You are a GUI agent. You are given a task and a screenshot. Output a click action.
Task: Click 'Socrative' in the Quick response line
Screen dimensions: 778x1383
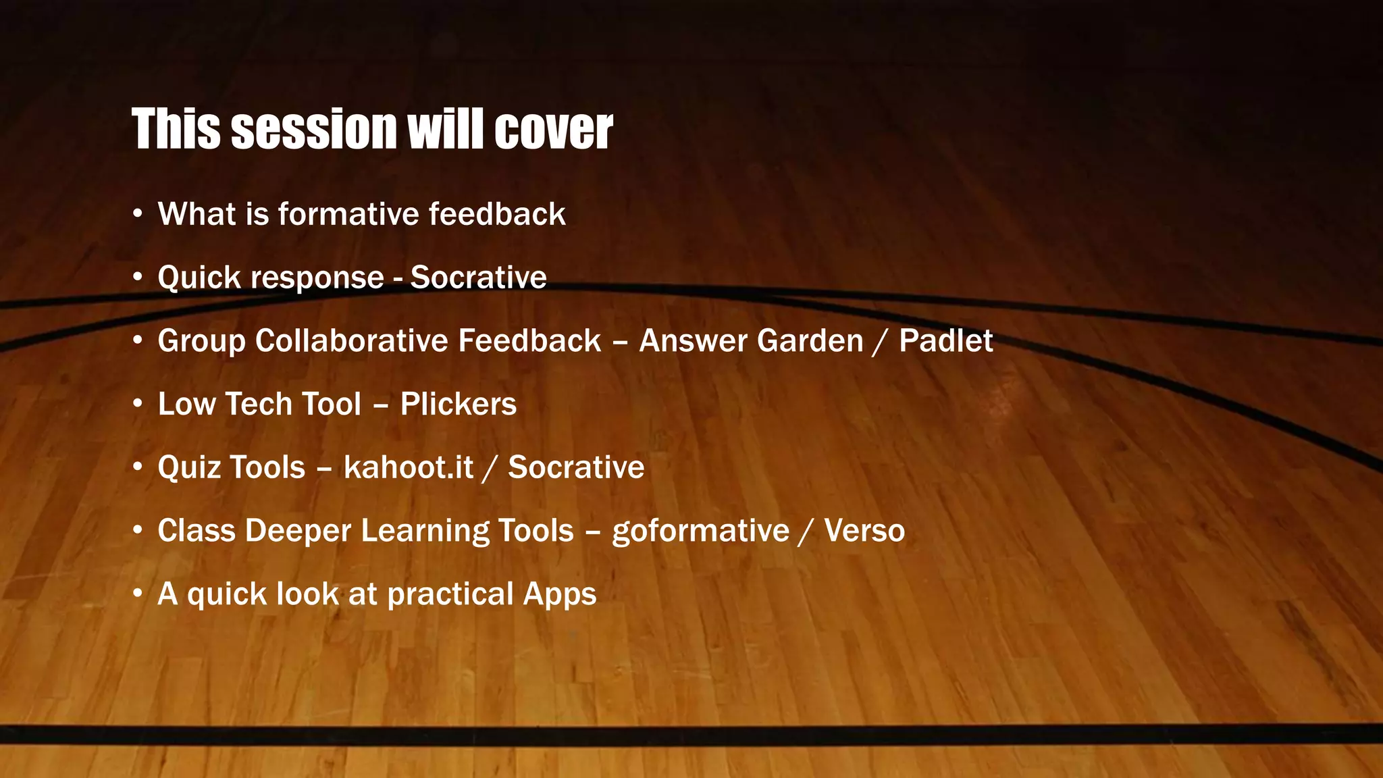pos(478,278)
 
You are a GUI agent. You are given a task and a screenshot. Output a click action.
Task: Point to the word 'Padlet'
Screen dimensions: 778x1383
pos(945,341)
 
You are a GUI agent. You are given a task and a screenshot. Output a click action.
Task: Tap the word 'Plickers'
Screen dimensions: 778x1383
pos(458,405)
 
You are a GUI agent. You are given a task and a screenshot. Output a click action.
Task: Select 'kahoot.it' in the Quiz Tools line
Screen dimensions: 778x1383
pos(408,467)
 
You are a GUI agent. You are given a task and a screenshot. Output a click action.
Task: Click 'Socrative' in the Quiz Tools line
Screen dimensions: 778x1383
pos(576,467)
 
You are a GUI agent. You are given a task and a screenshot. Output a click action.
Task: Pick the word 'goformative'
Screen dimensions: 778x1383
pos(700,531)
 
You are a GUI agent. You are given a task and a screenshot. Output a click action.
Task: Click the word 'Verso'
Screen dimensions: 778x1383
pos(864,531)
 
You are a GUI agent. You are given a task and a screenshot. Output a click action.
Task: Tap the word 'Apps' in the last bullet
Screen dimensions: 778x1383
pos(559,595)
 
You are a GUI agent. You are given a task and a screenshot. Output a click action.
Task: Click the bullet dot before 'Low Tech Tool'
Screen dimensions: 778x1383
pos(138,405)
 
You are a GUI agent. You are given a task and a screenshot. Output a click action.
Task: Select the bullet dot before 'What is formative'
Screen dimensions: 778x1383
pos(138,214)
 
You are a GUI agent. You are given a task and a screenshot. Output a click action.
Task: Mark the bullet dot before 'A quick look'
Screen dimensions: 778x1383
pos(138,594)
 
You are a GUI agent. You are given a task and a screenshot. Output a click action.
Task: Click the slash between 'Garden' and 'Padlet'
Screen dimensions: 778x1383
pos(881,342)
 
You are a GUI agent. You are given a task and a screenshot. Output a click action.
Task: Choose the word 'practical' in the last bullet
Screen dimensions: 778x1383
pos(450,595)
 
